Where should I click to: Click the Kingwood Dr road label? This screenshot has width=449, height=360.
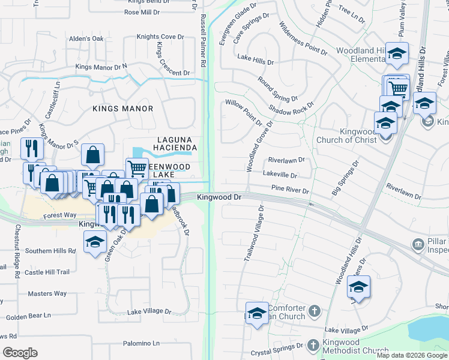pos(218,197)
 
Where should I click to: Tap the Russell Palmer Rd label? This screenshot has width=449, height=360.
pos(203,40)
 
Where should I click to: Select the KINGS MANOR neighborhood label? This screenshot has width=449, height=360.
pos(122,109)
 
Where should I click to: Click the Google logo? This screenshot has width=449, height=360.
pos(20,352)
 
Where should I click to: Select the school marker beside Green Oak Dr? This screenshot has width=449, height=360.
pos(94,242)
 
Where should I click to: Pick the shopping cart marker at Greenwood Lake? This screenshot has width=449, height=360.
pos(137,167)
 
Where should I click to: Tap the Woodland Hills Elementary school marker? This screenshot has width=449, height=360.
pos(397,55)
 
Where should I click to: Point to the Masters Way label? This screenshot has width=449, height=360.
pos(47,293)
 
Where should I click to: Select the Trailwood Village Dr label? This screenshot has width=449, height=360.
pos(254,235)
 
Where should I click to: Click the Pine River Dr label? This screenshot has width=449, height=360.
pos(290,190)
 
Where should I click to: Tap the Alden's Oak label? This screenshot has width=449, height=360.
pos(86,39)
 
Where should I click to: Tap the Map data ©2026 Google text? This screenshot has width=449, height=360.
pos(412,355)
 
